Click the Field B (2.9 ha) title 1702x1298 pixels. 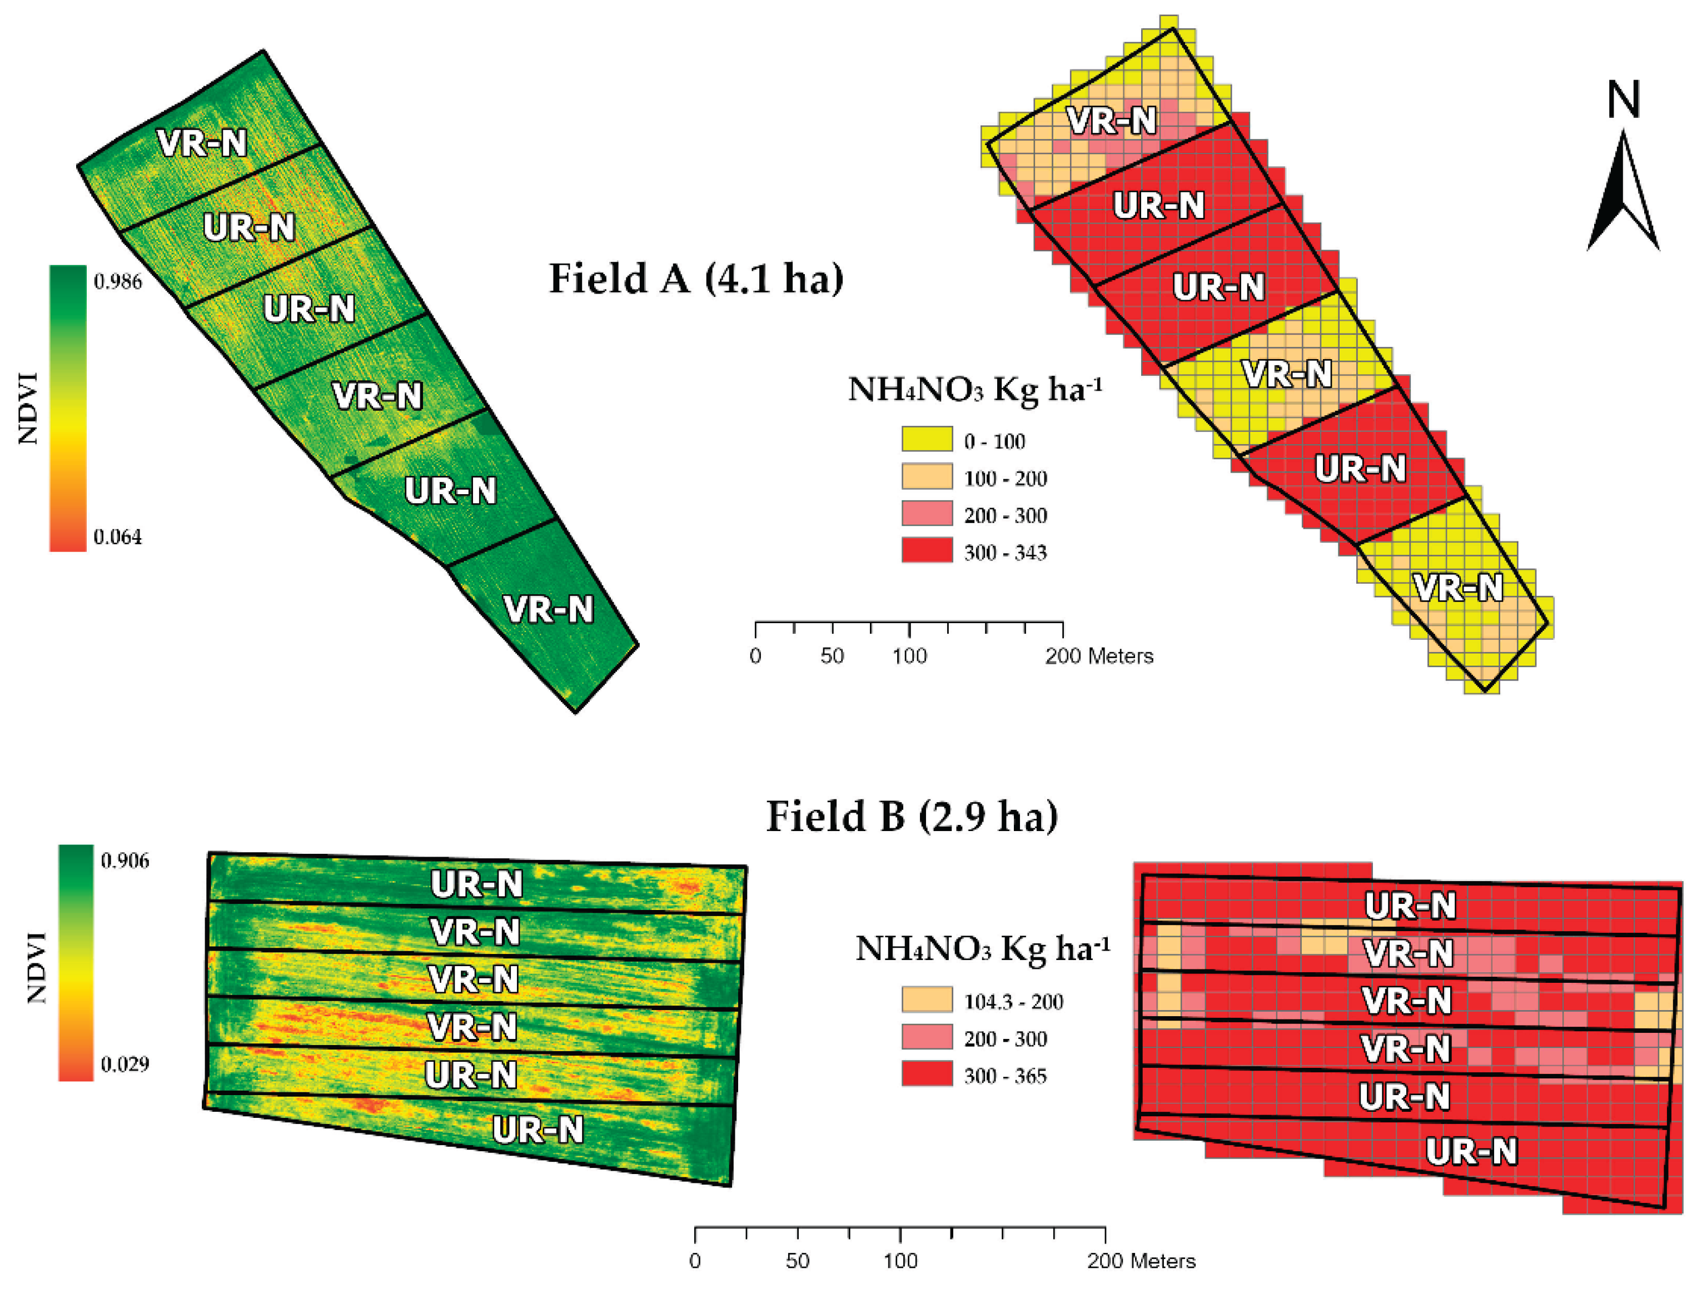point(911,817)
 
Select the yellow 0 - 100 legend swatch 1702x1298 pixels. point(927,440)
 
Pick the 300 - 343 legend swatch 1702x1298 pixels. point(927,551)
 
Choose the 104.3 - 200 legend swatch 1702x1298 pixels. point(927,1000)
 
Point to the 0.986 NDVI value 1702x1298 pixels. point(117,282)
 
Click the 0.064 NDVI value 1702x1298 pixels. point(117,537)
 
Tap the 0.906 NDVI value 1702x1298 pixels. point(125,861)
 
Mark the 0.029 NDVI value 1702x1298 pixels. point(125,1064)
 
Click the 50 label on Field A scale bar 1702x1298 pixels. point(832,656)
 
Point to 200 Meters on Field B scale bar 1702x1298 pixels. point(1141,1261)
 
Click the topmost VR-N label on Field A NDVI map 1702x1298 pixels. point(202,143)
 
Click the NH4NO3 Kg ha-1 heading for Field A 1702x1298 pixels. point(974,389)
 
